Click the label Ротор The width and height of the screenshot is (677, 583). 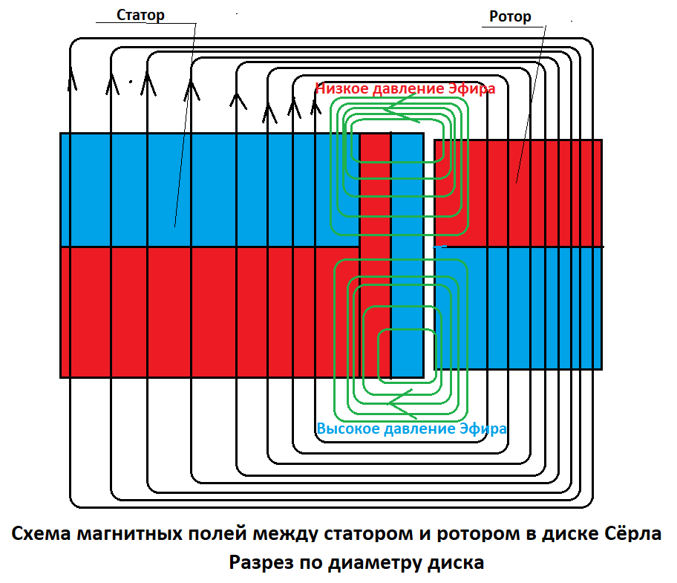click(511, 16)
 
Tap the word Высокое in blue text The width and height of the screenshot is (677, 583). click(347, 429)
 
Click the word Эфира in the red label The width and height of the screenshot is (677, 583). click(472, 88)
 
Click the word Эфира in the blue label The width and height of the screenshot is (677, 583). click(484, 429)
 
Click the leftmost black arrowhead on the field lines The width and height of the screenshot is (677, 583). click(73, 78)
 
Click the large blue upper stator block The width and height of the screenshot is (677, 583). click(208, 189)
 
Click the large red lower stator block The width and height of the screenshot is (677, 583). click(208, 312)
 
